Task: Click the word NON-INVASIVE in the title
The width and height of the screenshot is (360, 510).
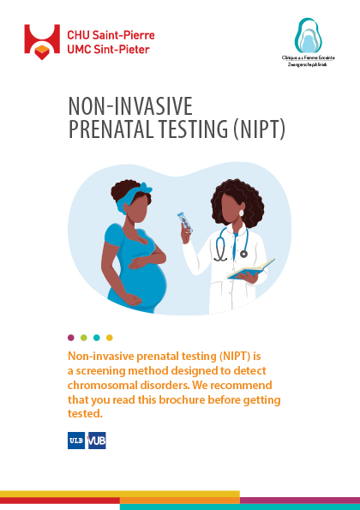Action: click(x=130, y=106)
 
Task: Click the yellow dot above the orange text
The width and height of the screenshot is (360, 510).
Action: click(x=109, y=338)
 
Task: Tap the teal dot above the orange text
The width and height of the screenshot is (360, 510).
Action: click(x=96, y=338)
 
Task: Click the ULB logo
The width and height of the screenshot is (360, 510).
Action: click(x=75, y=441)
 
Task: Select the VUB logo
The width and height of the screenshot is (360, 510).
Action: click(x=96, y=441)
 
